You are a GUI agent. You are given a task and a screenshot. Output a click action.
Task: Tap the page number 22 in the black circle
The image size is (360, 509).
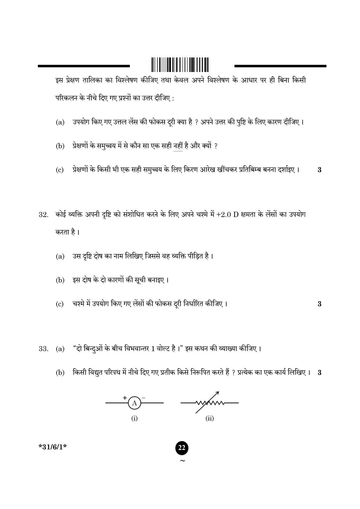182,448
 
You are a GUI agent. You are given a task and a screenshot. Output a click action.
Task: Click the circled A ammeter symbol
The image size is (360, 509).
135,403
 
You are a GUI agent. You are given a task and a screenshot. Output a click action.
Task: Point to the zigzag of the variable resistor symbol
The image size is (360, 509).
210,403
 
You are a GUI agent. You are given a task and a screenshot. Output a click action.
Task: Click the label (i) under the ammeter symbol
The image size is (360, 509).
134,419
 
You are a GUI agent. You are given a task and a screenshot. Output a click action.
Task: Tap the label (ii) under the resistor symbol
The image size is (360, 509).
209,419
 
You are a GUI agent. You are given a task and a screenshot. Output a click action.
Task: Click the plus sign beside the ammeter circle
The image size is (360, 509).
124,398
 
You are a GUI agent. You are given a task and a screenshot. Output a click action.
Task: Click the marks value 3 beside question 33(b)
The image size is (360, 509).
319,373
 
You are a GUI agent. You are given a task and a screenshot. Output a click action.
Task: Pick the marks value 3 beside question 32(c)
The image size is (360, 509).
319,304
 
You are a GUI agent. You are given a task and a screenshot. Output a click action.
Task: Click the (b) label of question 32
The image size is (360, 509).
60,280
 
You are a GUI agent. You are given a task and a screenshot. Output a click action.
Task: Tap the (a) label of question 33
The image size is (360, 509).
60,349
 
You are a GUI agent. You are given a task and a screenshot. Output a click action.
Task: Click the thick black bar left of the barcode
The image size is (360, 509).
83,66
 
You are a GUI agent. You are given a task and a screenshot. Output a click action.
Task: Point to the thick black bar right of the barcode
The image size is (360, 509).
280,66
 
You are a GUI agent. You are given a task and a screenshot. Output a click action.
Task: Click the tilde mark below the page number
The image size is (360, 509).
182,461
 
